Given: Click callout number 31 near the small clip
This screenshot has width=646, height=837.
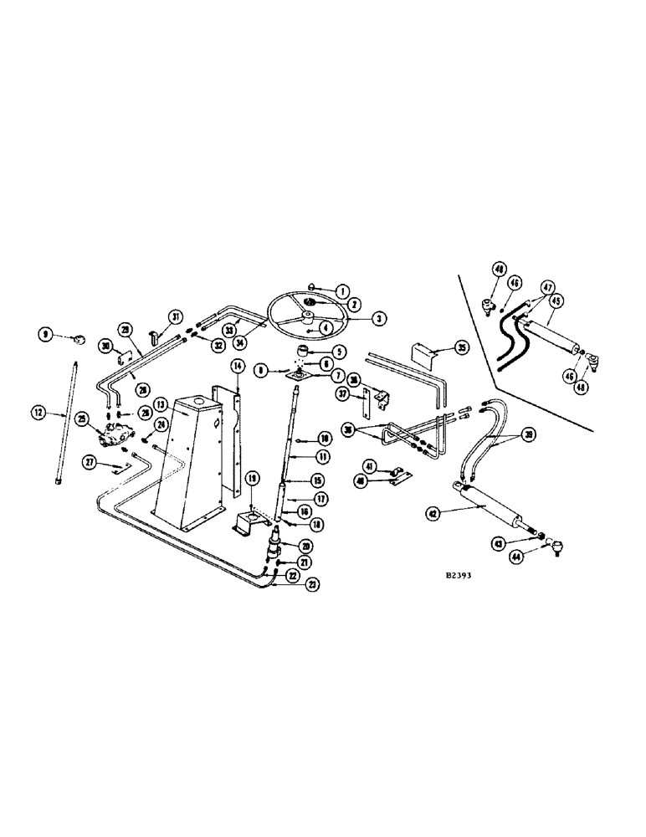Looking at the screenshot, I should (175, 316).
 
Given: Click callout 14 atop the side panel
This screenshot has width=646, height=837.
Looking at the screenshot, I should (237, 366).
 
